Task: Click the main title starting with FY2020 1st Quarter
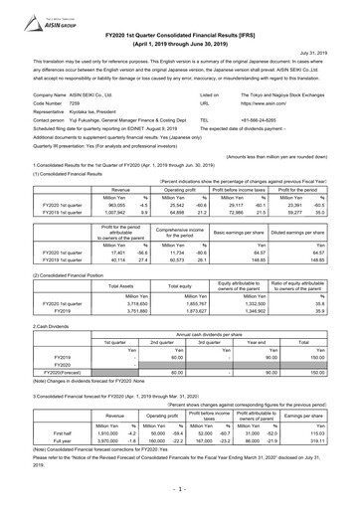[179, 24]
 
